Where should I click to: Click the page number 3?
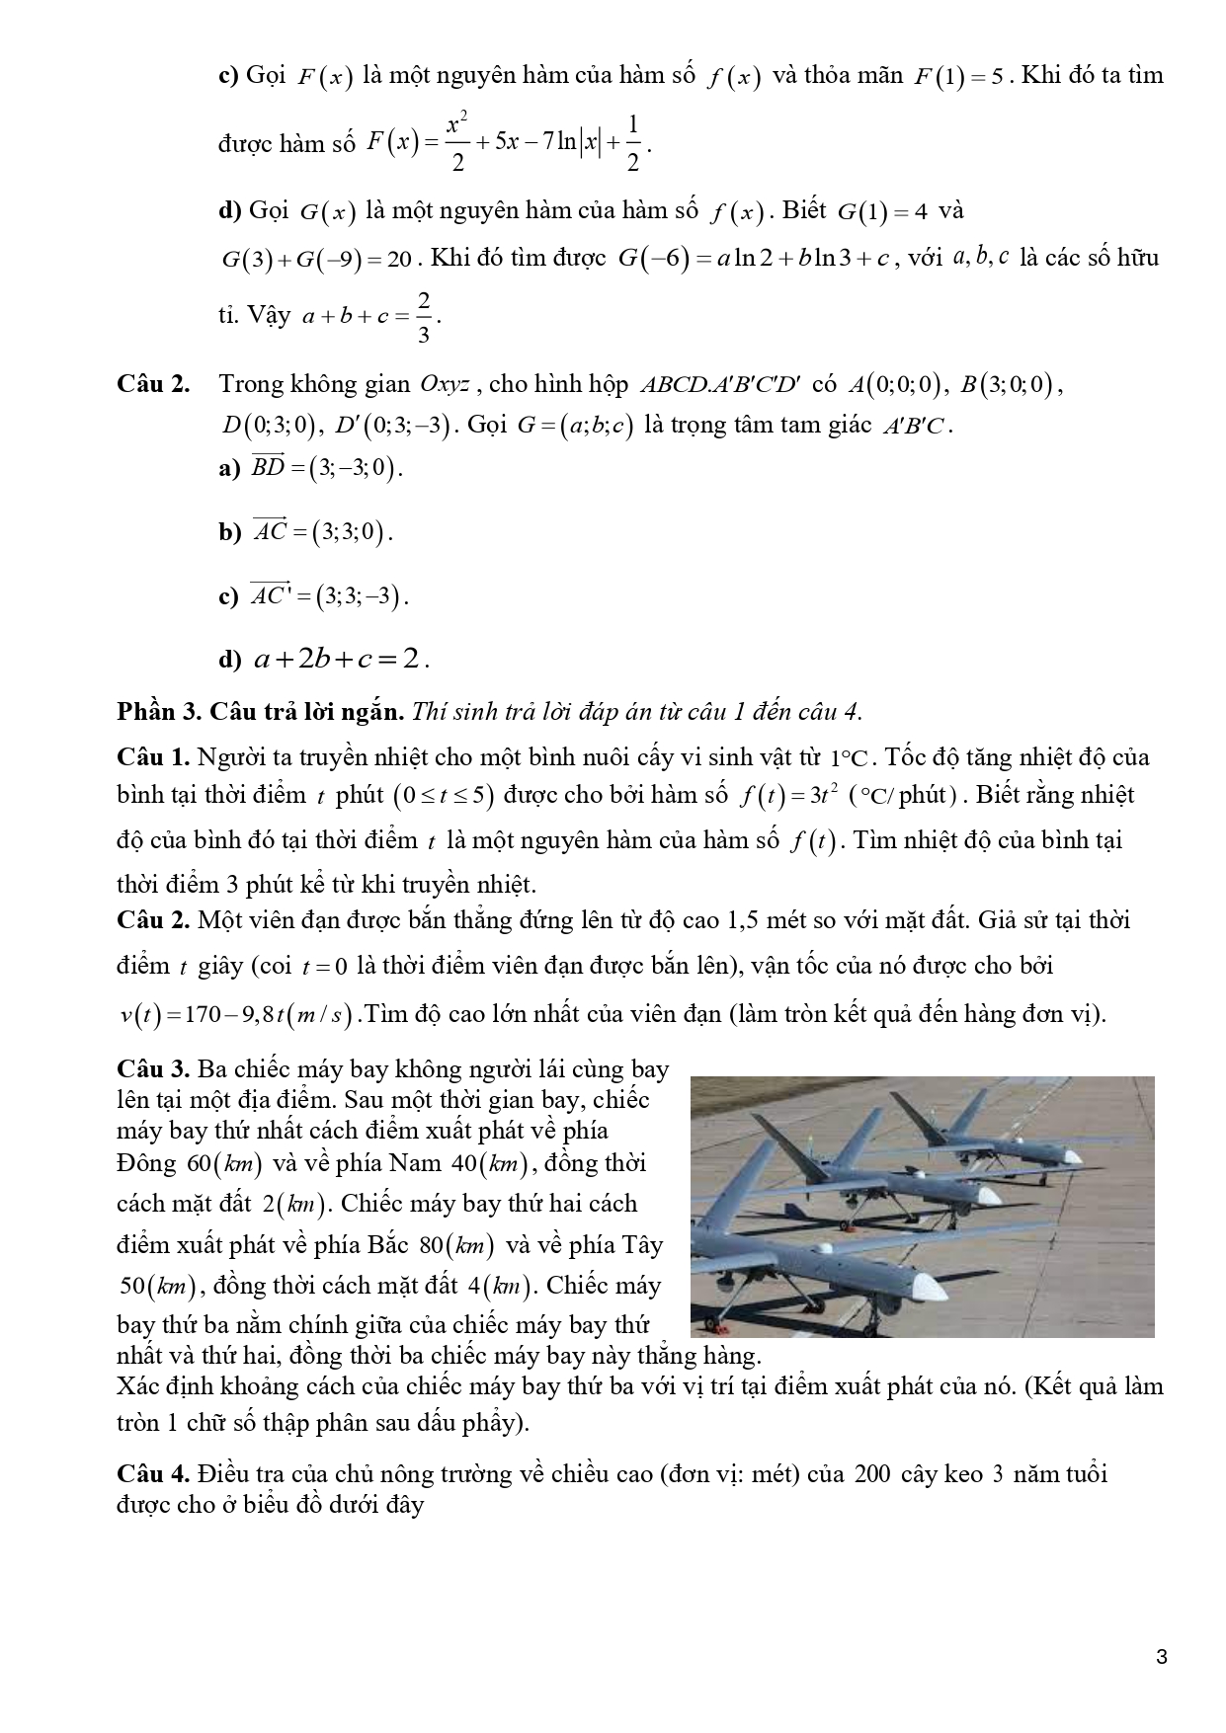1161,1656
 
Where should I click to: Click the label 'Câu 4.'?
152,1474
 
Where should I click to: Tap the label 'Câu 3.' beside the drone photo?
152,1068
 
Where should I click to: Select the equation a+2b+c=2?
340,659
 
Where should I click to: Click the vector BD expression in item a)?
326,468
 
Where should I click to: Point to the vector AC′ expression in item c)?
328,596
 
